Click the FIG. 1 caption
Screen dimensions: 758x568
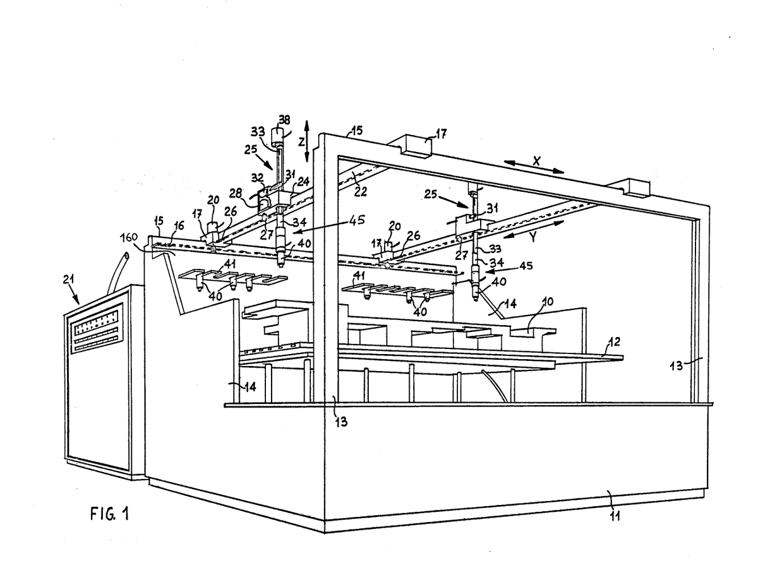point(110,514)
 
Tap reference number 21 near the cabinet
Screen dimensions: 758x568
point(69,280)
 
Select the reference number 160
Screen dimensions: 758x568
point(129,238)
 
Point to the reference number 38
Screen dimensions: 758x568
point(284,120)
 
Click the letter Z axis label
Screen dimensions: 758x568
point(301,142)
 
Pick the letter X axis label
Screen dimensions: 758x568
point(536,161)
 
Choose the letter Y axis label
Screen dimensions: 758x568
point(534,237)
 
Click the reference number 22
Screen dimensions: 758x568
point(360,191)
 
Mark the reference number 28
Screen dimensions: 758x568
point(236,193)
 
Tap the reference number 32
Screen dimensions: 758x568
point(257,178)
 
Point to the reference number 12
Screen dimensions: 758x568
point(615,341)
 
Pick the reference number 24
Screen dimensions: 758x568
point(303,181)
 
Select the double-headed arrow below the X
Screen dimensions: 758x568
point(534,166)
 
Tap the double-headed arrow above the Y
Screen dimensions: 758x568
point(533,229)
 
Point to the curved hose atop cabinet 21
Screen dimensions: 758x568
point(117,272)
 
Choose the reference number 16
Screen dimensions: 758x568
point(179,225)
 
